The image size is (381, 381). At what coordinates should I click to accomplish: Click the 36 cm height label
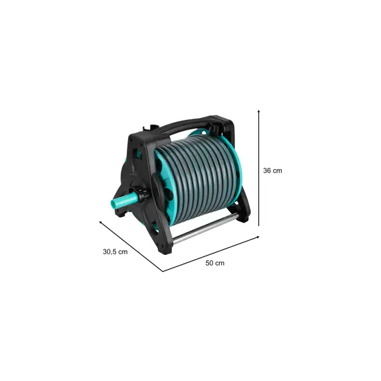pyautogui.click(x=272, y=171)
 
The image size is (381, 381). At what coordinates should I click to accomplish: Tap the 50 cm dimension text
pyautogui.click(x=215, y=263)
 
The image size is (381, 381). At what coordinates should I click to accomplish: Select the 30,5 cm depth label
pyautogui.click(x=115, y=252)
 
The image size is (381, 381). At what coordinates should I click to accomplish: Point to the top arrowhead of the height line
pyautogui.click(x=259, y=111)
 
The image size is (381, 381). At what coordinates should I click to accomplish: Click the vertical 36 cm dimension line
pyautogui.click(x=259, y=168)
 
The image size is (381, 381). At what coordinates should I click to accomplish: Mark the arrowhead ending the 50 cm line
pyautogui.click(x=258, y=237)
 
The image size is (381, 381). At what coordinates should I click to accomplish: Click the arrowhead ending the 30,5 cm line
pyautogui.click(x=100, y=222)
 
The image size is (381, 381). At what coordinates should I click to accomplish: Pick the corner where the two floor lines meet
pyautogui.click(x=163, y=271)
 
